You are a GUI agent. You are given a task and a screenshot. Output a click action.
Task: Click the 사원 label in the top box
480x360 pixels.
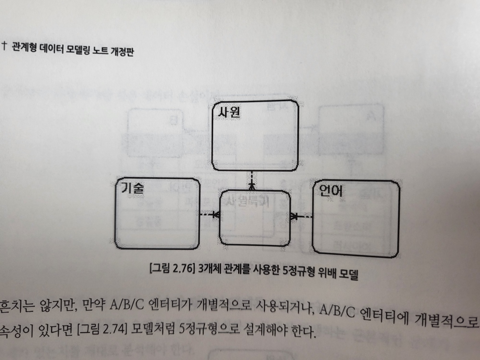pyautogui.click(x=229, y=112)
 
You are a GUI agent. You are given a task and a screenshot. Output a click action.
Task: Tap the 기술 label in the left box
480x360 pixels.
pyautogui.click(x=132, y=189)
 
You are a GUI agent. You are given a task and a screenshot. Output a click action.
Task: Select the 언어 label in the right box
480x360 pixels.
pyautogui.click(x=331, y=190)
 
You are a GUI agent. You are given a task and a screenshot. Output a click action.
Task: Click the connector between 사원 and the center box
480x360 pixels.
pyautogui.click(x=252, y=180)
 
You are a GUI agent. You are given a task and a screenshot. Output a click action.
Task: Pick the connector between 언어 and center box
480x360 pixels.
pyautogui.click(x=301, y=216)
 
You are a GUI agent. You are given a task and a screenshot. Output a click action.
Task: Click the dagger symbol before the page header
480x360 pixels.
pyautogui.click(x=4, y=45)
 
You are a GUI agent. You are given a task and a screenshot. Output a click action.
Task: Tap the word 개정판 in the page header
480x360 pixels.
pyautogui.click(x=122, y=52)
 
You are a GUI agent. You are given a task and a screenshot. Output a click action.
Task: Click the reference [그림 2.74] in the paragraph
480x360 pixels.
pyautogui.click(x=103, y=330)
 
